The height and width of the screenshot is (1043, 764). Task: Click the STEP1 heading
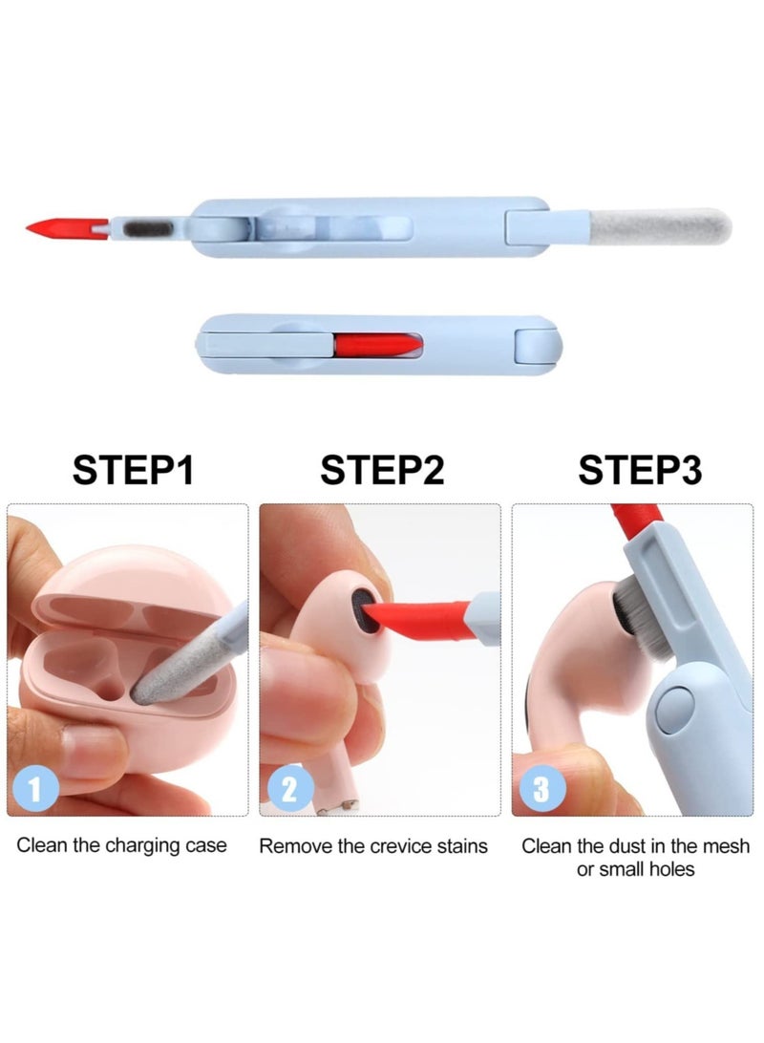pos(134,470)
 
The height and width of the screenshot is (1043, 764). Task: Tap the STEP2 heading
pos(382,470)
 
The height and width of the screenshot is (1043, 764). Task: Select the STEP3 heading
pos(640,470)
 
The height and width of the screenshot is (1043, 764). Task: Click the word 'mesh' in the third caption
pos(730,846)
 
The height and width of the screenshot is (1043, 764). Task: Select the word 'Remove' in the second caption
pos(290,846)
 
